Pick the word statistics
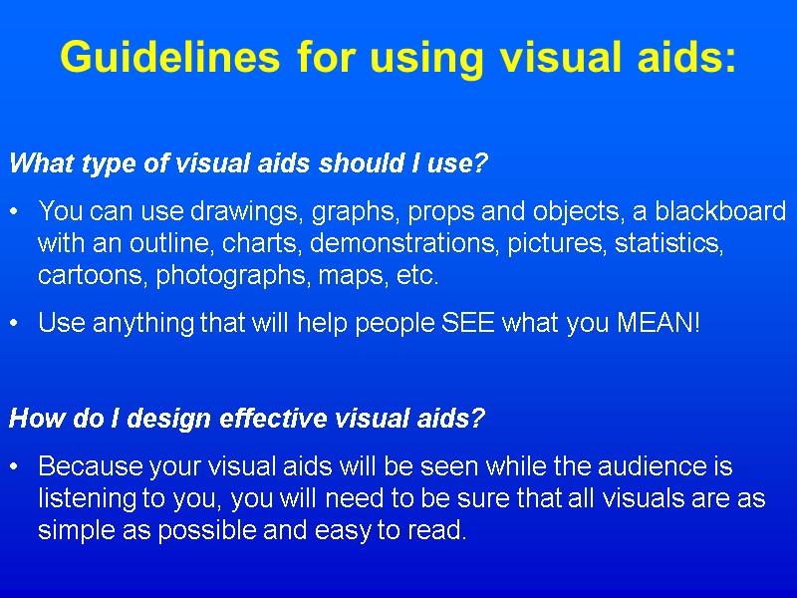point(668,243)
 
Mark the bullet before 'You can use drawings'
point(14,211)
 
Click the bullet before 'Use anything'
point(14,323)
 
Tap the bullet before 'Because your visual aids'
point(14,466)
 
